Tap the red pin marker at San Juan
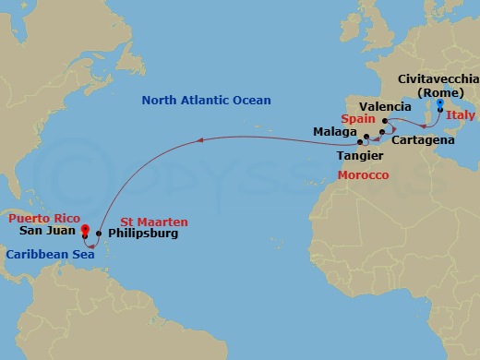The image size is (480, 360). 84,230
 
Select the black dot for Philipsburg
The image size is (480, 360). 99,234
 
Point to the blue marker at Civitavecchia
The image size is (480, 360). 427,105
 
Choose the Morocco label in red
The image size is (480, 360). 362,175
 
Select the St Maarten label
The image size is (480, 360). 154,222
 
